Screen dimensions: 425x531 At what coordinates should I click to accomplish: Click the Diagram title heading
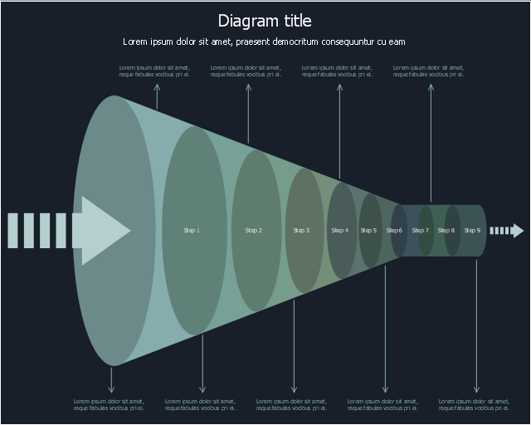[x=265, y=21]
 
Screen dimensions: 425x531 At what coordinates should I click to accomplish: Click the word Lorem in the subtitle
[x=136, y=42]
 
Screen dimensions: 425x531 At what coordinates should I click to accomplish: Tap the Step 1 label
[x=192, y=230]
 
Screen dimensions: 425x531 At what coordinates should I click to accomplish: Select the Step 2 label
[x=254, y=230]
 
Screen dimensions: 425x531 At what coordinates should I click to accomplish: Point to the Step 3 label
[x=302, y=230]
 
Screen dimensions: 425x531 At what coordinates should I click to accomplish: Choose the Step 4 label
[x=340, y=230]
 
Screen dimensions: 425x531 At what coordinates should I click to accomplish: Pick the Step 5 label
[x=368, y=230]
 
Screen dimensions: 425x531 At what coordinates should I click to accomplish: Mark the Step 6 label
[x=395, y=230]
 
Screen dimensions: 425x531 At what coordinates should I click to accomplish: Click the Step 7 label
[x=421, y=230]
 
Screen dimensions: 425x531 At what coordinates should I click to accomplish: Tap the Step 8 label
[x=446, y=230]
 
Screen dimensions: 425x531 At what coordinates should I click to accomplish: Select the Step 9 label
[x=472, y=230]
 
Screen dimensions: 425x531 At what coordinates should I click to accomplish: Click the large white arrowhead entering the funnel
[x=103, y=230]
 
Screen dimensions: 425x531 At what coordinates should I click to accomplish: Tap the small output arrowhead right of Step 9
[x=517, y=230]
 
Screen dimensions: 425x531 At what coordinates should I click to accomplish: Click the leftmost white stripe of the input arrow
[x=12, y=230]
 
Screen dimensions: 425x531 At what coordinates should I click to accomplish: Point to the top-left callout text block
[x=155, y=71]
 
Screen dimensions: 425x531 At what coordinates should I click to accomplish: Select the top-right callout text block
[x=429, y=71]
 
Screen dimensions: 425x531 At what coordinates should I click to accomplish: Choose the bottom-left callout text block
[x=110, y=405]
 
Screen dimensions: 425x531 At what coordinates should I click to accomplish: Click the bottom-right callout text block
[x=475, y=405]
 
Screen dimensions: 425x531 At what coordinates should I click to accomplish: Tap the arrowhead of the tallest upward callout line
[x=431, y=85]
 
